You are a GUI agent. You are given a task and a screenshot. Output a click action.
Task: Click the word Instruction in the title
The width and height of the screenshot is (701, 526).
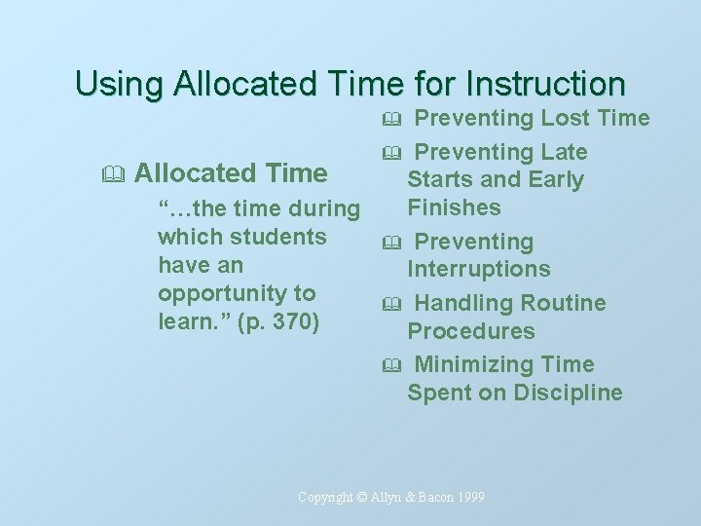coord(546,83)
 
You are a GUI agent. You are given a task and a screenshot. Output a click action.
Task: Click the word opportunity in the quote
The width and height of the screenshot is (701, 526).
coord(237,293)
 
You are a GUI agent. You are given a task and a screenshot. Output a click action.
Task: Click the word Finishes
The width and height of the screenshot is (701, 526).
coord(454,207)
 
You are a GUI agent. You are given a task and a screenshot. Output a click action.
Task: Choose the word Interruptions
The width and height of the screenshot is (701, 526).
coord(478,269)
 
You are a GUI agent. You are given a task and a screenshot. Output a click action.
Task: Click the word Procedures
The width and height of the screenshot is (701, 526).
coord(471,331)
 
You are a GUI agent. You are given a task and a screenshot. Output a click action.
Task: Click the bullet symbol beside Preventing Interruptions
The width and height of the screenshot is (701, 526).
coord(391,243)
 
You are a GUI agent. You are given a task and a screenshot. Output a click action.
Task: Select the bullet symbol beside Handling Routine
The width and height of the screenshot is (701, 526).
coord(391,304)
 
